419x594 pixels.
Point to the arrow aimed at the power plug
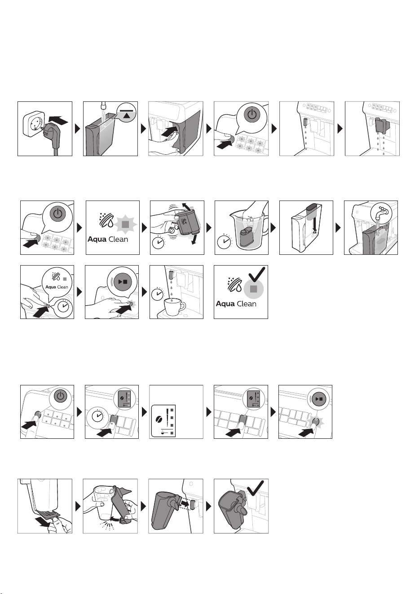[59, 121]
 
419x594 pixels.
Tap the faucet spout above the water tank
[103, 106]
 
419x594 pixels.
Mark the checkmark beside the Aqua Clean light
[256, 275]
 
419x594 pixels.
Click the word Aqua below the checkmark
[225, 304]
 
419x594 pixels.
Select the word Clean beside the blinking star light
[118, 239]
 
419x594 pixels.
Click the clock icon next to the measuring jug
[224, 241]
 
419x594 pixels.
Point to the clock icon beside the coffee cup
[158, 294]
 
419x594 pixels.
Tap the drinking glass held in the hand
[104, 503]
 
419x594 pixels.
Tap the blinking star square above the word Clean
[125, 224]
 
